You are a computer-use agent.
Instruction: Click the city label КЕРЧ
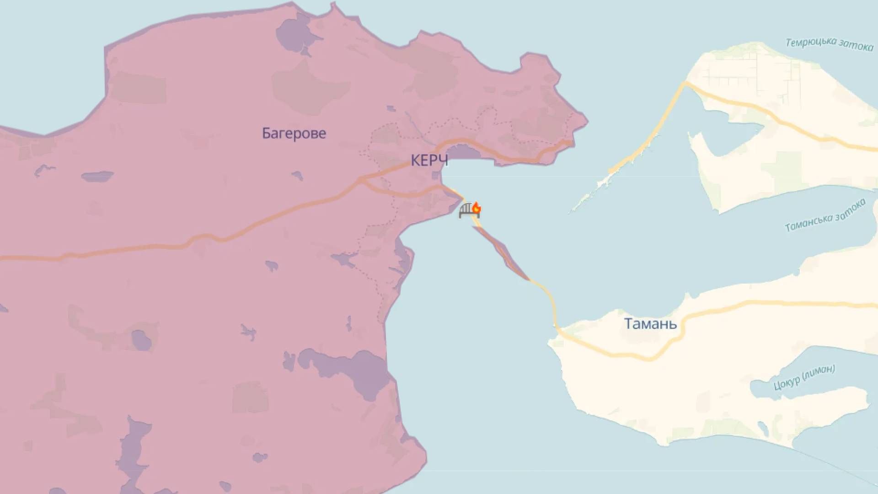coord(429,161)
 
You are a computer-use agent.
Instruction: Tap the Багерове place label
coord(294,133)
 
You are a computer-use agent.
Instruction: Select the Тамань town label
coord(650,324)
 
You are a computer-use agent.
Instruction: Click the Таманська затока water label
coord(825,215)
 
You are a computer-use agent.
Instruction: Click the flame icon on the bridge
coord(476,208)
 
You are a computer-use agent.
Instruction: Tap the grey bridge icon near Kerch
coord(466,211)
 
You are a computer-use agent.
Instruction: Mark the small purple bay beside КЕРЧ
coord(462,152)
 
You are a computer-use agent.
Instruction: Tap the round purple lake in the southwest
coord(141,341)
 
